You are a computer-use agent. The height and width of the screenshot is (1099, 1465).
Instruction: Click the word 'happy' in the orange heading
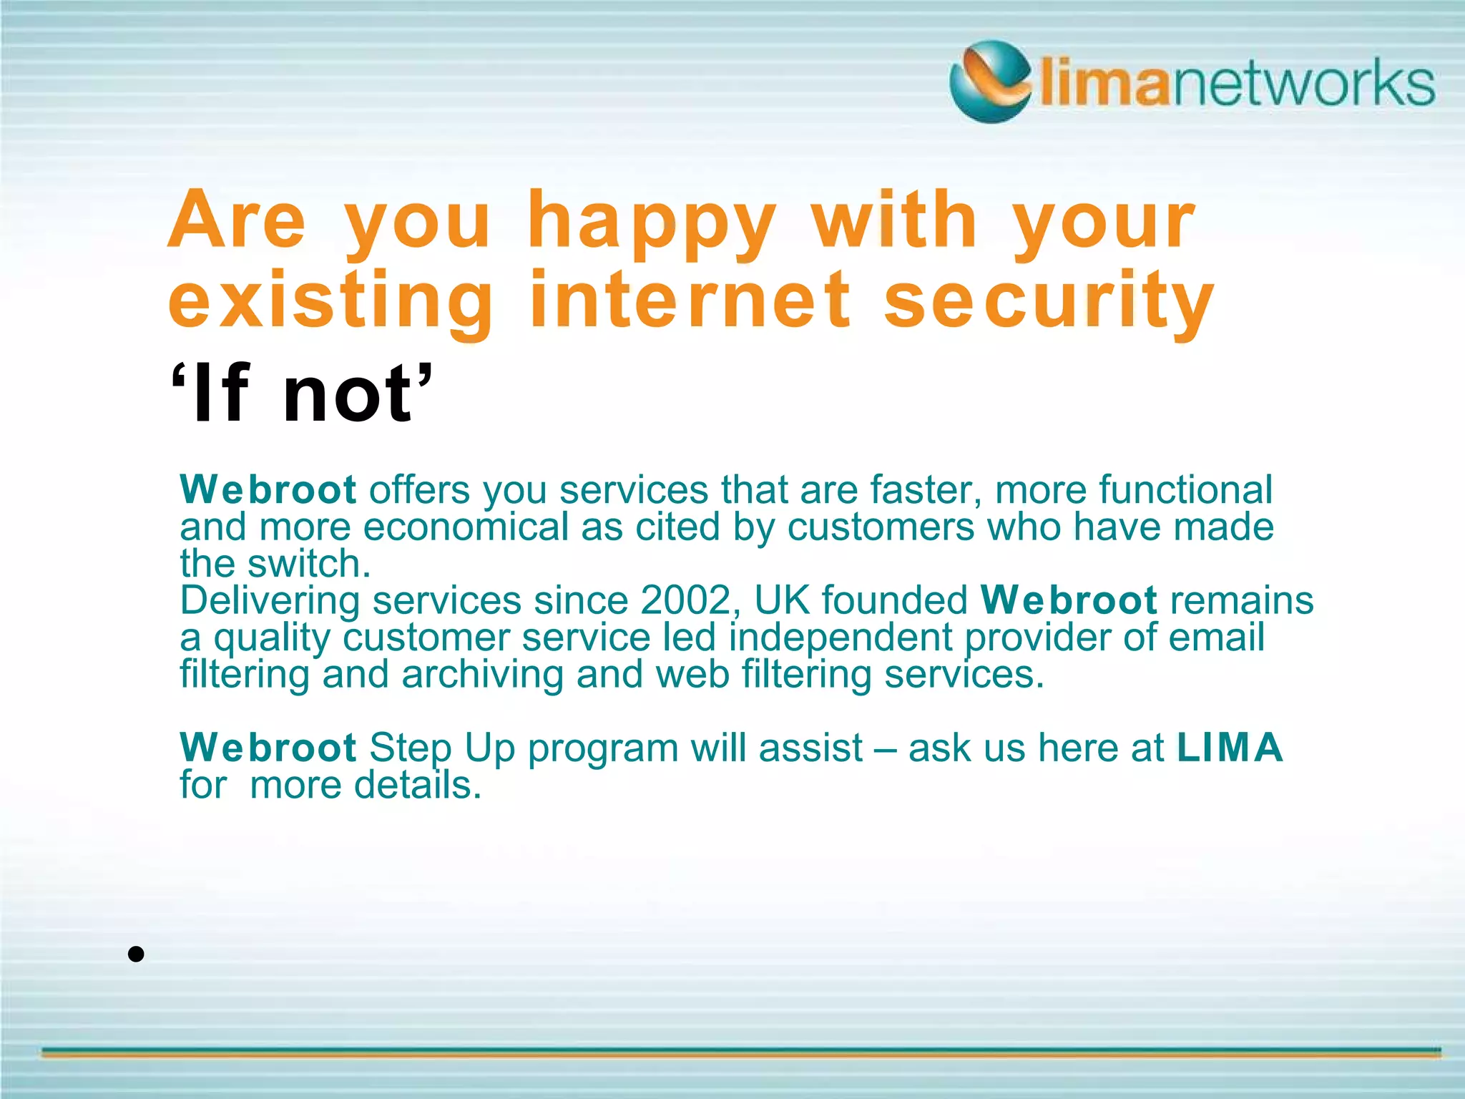651,222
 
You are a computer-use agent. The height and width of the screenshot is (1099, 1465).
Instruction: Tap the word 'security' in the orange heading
1049,302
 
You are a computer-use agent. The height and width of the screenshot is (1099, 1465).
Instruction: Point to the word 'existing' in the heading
330,302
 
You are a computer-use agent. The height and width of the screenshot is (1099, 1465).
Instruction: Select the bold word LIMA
1230,748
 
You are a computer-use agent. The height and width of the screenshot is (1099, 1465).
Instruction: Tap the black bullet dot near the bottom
137,954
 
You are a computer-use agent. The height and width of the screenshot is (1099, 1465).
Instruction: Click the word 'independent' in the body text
841,638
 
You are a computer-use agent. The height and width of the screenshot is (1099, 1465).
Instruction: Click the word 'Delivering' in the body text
270,601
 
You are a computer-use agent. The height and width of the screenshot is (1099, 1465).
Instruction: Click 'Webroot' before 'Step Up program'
268,748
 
